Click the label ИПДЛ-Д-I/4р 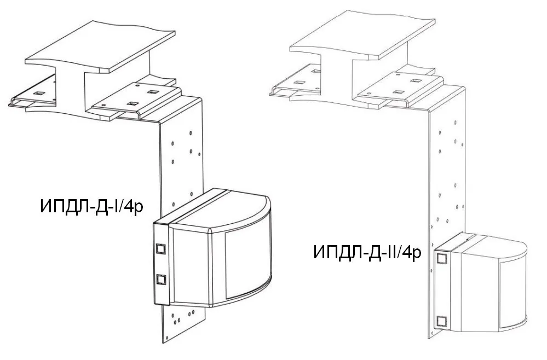[92, 207]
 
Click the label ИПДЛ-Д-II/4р [367, 252]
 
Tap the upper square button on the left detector [161, 248]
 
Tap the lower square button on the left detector [161, 280]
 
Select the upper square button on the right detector [441, 258]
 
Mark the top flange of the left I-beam [100, 47]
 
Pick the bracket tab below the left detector [183, 322]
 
